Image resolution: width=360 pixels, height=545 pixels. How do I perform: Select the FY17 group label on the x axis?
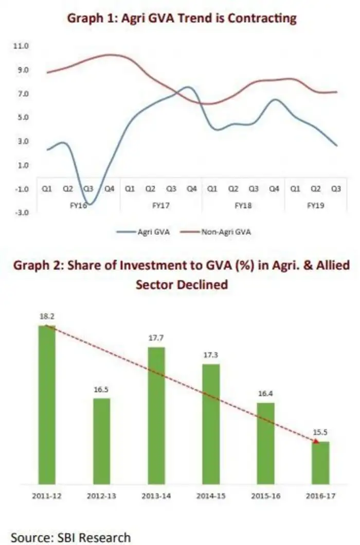[x=160, y=204]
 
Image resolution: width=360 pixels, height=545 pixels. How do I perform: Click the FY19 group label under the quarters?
[x=315, y=204]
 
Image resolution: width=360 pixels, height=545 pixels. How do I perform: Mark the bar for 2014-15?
[x=211, y=424]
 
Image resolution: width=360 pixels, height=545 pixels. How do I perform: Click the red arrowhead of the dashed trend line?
[x=316, y=440]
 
